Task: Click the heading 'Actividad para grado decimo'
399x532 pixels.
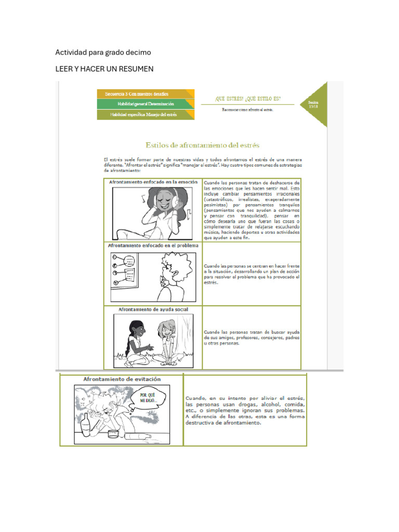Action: point(103,52)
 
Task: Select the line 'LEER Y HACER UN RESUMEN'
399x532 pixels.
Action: point(104,69)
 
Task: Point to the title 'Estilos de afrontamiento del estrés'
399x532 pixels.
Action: point(202,145)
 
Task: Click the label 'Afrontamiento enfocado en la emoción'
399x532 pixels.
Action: point(153,182)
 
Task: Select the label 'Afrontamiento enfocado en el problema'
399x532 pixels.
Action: point(153,245)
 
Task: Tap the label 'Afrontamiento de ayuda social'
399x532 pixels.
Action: point(153,310)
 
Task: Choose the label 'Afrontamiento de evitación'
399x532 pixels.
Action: point(122,379)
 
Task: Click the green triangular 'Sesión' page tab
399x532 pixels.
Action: point(314,104)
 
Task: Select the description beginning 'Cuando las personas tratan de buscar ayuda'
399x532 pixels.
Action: point(252,338)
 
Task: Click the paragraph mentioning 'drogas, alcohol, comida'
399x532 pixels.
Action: point(245,410)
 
